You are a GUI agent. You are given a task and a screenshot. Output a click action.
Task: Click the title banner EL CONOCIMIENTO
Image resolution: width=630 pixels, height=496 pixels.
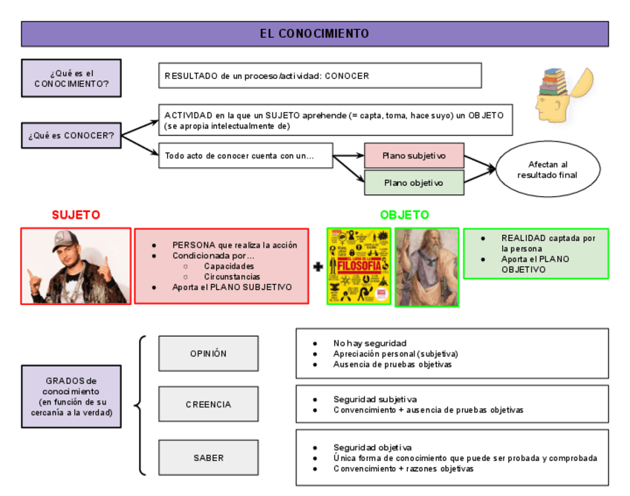(x=314, y=33)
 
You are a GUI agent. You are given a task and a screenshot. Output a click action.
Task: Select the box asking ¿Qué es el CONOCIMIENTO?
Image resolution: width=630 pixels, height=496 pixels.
(x=71, y=79)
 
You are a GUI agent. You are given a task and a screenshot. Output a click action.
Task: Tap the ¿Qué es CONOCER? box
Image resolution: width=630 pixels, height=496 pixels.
(x=71, y=135)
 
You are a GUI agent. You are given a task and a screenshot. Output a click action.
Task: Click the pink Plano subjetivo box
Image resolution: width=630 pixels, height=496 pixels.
(x=414, y=155)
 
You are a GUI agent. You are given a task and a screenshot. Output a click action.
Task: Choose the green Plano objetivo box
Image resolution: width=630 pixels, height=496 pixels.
(x=414, y=182)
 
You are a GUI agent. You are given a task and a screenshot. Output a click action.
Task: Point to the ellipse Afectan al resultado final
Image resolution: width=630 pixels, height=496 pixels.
(x=548, y=170)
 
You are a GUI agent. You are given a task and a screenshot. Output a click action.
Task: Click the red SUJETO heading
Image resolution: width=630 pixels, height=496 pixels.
(x=76, y=215)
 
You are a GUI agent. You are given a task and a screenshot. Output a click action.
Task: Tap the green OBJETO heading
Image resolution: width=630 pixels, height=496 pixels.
(x=404, y=215)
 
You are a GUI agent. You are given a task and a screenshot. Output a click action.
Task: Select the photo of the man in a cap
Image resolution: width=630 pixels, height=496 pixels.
(x=76, y=265)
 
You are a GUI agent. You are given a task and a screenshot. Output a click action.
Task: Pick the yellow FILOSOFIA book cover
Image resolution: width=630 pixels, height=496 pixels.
(x=360, y=266)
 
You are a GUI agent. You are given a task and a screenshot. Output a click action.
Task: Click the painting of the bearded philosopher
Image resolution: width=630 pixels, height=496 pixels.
(x=426, y=267)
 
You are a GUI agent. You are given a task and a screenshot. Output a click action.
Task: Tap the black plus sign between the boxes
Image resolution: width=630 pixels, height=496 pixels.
(x=318, y=266)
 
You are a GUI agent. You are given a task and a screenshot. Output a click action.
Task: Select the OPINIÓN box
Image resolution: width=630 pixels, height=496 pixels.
(x=208, y=353)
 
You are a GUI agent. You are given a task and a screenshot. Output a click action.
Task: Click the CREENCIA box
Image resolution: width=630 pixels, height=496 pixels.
(x=208, y=405)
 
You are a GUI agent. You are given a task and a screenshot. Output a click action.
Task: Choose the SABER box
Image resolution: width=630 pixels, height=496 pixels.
(x=208, y=457)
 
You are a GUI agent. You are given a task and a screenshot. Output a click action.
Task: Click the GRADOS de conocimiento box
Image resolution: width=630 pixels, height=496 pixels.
(x=71, y=396)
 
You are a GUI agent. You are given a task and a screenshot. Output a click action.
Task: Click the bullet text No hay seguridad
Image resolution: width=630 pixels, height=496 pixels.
(x=369, y=344)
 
